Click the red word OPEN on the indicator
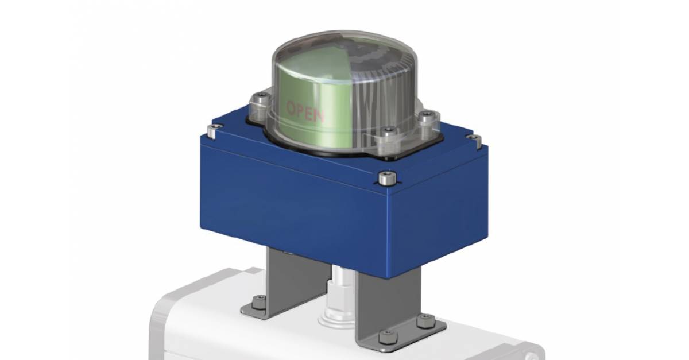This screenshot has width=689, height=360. click(x=305, y=112)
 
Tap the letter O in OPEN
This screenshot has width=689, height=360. click(x=291, y=107)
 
